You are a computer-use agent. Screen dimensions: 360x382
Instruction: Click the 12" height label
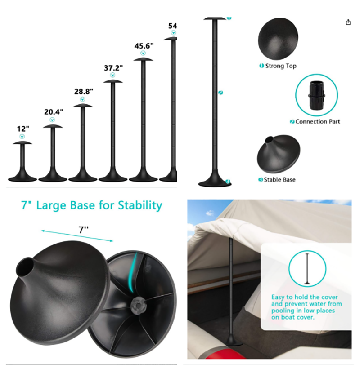click(23, 129)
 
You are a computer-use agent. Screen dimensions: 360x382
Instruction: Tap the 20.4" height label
click(54, 112)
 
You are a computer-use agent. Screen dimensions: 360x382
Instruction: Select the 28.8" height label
click(84, 92)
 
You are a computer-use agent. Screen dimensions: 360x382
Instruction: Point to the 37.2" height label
click(113, 68)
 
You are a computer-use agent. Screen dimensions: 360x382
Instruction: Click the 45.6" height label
click(144, 46)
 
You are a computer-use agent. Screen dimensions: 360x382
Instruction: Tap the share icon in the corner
click(348, 22)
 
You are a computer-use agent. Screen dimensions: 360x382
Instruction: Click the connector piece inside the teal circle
click(317, 95)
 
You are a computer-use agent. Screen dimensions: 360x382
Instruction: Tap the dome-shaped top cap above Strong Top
click(278, 39)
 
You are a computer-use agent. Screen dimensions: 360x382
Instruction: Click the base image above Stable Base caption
click(278, 154)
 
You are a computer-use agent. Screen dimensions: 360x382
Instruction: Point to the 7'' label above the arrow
click(83, 230)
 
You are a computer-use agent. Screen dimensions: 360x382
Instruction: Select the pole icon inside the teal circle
click(307, 269)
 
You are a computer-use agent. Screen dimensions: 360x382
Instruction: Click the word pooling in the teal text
click(283, 311)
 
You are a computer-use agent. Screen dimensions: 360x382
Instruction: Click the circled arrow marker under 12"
click(22, 137)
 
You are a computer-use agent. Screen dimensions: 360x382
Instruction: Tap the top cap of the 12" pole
click(22, 143)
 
